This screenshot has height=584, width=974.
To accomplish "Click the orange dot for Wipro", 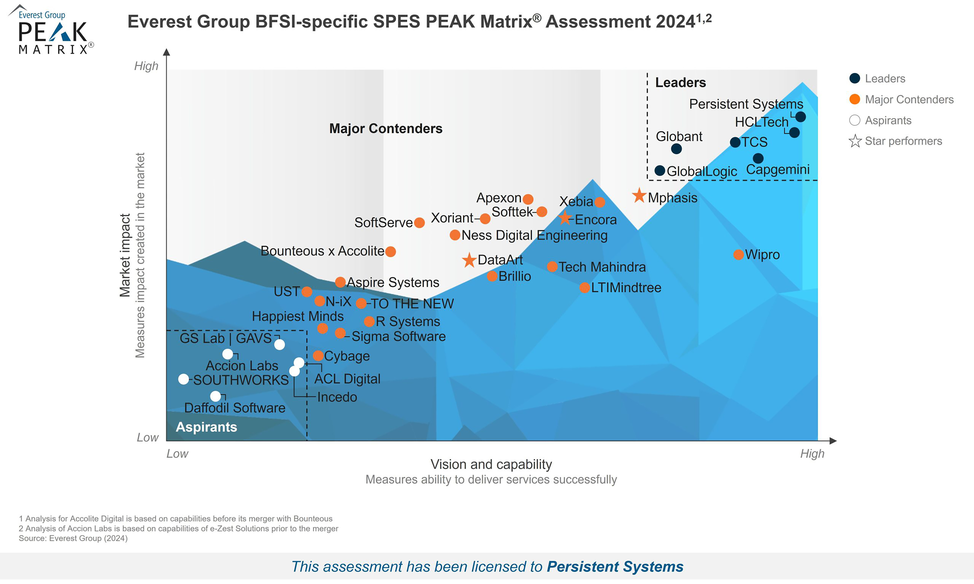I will (738, 254).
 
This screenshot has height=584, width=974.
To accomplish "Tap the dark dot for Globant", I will (676, 149).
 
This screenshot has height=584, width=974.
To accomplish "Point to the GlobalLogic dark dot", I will (660, 170).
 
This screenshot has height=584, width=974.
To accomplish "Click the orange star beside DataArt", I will (469, 260).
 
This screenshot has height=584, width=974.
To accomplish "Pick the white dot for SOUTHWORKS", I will (183, 379).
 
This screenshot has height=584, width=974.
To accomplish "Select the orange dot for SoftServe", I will (419, 223).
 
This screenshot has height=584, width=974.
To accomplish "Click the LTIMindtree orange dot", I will (585, 288).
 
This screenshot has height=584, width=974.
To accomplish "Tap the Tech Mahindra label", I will (602, 267).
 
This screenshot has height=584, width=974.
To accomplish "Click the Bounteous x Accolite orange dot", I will (390, 252).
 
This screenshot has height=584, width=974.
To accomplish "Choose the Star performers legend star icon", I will (855, 141).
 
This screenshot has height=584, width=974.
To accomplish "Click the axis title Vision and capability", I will (491, 464).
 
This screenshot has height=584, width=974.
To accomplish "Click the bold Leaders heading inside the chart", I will (680, 83).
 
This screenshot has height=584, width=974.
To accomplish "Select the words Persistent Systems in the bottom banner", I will (615, 567).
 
